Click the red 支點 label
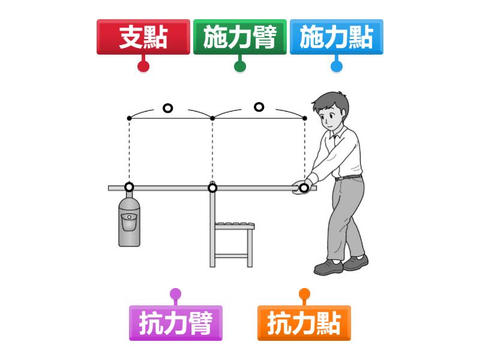pos(143,37)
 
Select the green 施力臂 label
pos(240,37)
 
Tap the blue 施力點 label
pos(337,37)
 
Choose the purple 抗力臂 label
pos(176,323)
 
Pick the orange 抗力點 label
pos(304,323)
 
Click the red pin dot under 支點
pos(143,66)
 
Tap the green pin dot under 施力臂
pos(240,66)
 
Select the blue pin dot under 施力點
pos(337,66)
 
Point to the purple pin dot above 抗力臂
pos(176,294)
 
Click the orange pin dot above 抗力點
pos(304,294)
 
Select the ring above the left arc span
pos(168,104)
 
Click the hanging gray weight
pos(129,221)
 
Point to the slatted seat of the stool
pos(235,226)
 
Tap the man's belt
pos(349,177)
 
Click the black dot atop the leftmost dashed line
pos(129,118)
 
